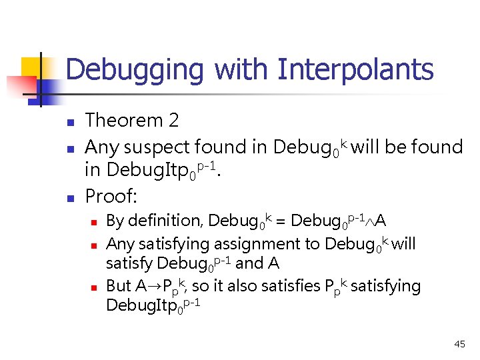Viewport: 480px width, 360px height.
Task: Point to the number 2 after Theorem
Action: click(174, 121)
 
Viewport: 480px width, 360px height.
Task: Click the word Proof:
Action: click(112, 196)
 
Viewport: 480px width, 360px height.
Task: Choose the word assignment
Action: click(255, 244)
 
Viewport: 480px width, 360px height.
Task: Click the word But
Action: click(119, 286)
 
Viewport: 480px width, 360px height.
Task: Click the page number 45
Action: click(459, 344)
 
